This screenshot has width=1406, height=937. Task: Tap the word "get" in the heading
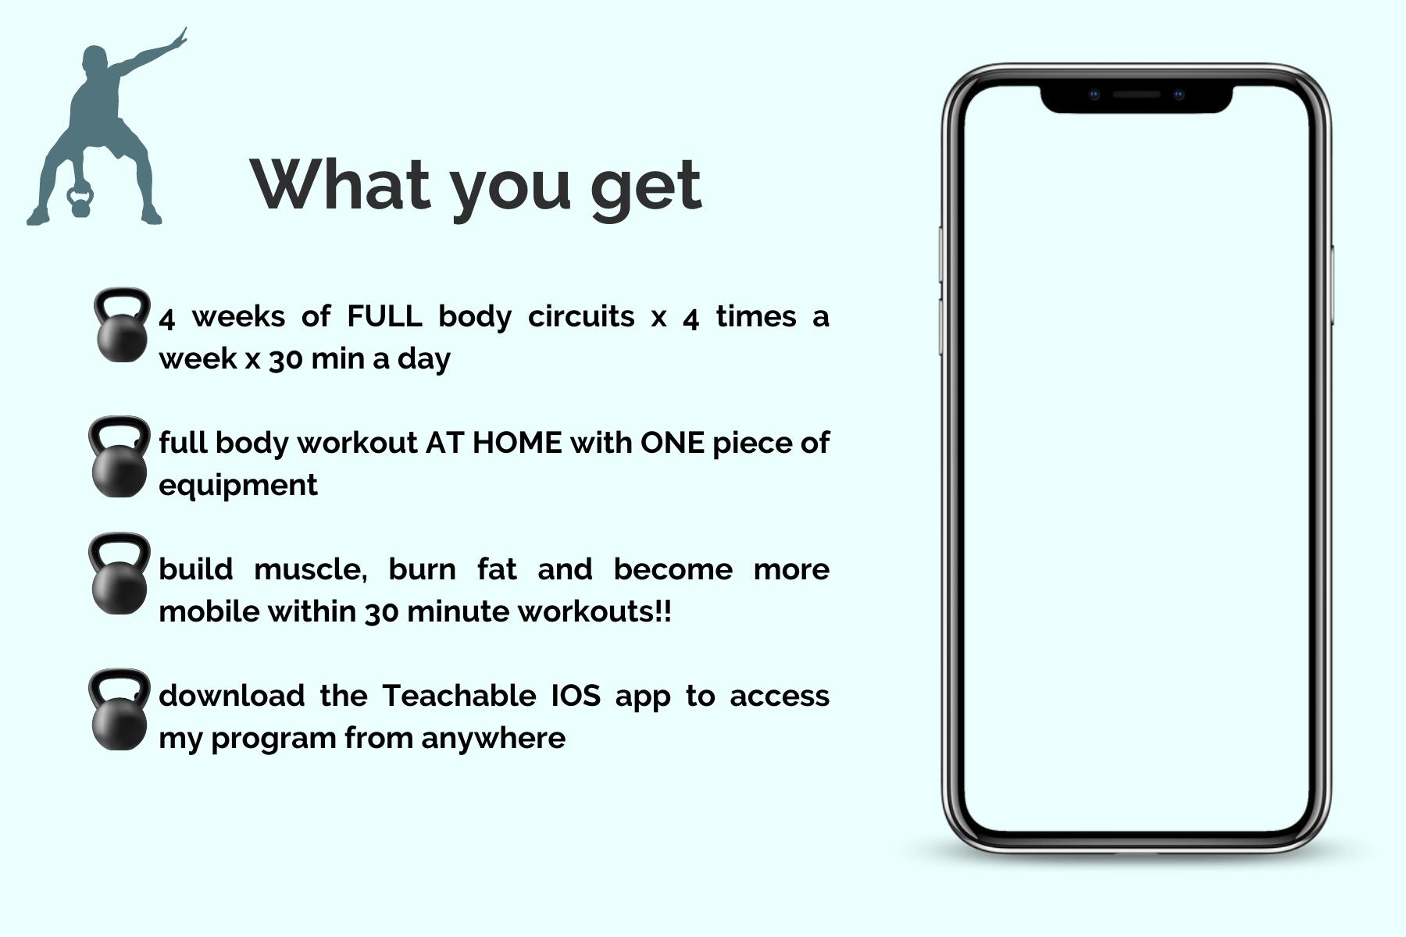(646, 187)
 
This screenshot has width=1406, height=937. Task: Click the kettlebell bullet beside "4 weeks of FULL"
(122, 325)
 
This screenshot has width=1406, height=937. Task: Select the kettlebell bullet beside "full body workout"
(119, 457)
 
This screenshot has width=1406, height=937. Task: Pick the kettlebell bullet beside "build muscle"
(119, 574)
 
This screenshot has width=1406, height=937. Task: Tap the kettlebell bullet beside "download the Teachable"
(119, 710)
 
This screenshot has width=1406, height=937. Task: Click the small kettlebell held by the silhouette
(80, 201)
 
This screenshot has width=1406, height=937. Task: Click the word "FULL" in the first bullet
(384, 316)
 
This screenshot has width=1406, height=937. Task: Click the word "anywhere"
(494, 739)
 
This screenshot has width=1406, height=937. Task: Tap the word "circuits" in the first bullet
(581, 316)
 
